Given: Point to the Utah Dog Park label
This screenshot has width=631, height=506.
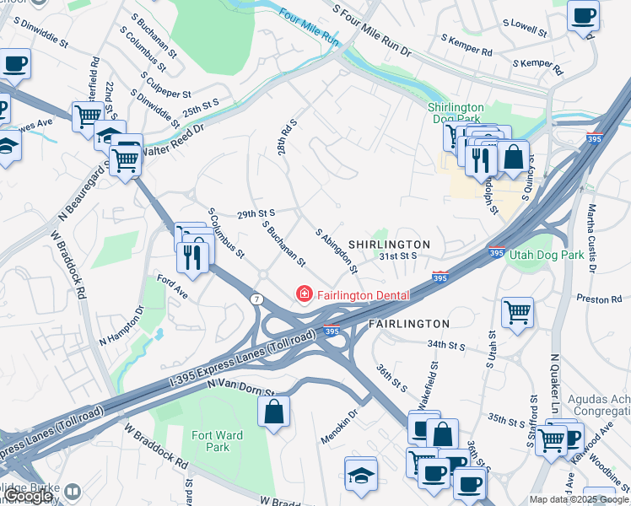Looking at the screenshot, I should point(545,254).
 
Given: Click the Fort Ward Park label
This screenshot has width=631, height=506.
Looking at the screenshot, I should point(211,441).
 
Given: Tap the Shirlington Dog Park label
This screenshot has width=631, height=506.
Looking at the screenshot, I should point(456,113).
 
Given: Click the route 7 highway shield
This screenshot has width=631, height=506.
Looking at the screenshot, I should point(256,299).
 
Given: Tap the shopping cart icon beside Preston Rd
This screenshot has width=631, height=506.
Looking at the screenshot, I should point(517,313).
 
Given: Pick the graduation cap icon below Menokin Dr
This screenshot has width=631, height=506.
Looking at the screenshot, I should point(361,474).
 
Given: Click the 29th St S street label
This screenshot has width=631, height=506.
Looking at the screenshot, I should point(256,214).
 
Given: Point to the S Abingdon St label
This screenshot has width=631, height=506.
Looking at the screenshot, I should point(337,251).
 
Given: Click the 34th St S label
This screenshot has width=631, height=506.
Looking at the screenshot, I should point(446,345).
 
